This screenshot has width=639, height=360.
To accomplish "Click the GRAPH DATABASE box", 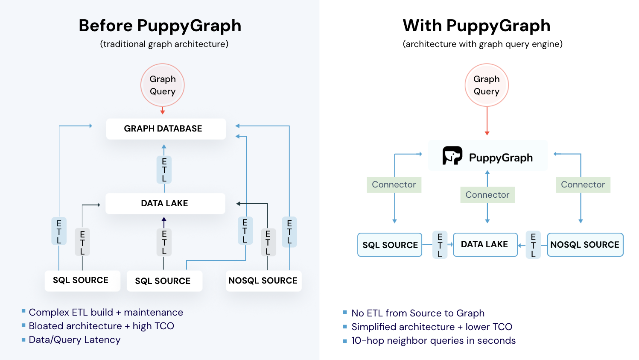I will pyautogui.click(x=166, y=129).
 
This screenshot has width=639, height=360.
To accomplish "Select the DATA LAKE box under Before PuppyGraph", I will pyautogui.click(x=165, y=203).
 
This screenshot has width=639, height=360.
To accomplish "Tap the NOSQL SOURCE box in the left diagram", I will pyautogui.click(x=263, y=281).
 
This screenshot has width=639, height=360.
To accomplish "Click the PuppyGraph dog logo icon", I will pyautogui.click(x=452, y=155).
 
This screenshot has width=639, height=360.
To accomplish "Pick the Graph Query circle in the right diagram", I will pyautogui.click(x=487, y=85).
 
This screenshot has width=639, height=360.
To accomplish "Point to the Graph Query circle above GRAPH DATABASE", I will pyautogui.click(x=163, y=85).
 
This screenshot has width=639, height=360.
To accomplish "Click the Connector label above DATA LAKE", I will pyautogui.click(x=487, y=195).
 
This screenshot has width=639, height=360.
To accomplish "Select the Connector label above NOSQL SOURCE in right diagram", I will pyautogui.click(x=583, y=184).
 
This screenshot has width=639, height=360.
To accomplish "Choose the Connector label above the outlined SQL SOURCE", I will pyautogui.click(x=394, y=184).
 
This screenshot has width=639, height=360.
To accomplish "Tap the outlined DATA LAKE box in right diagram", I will pyautogui.click(x=485, y=244).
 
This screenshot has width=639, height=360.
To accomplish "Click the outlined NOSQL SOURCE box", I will pyautogui.click(x=585, y=245).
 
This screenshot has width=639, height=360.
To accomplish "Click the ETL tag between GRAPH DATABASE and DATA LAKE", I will pyautogui.click(x=164, y=170).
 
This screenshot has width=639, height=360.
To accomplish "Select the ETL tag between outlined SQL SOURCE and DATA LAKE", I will pyautogui.click(x=440, y=245).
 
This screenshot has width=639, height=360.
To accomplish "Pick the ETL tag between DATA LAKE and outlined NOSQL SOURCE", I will pyautogui.click(x=533, y=245).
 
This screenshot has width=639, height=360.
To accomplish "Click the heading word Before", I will pyautogui.click(x=105, y=26).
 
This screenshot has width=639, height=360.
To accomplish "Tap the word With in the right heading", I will pyautogui.click(x=422, y=26).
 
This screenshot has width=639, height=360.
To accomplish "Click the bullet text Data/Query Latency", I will pyautogui.click(x=75, y=340).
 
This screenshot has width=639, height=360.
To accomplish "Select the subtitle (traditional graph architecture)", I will pyautogui.click(x=164, y=44).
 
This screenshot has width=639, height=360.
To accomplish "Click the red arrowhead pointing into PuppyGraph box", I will pyautogui.click(x=487, y=133).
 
